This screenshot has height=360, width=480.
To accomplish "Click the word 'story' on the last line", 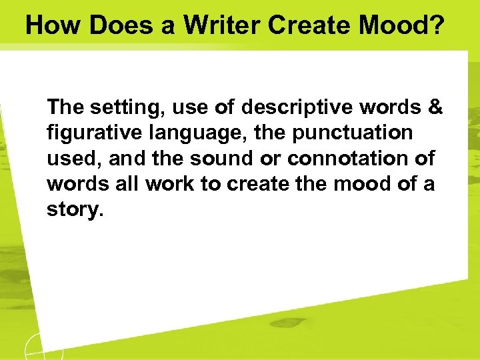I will pyautogui.click(x=72, y=210).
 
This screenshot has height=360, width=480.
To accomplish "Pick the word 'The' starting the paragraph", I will pyautogui.click(x=65, y=107).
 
